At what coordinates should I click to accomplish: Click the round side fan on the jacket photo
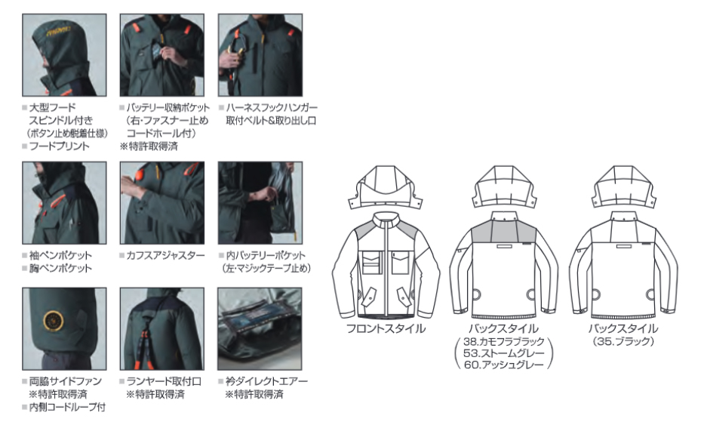coord(54,321)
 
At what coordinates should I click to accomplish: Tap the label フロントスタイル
coord(386,328)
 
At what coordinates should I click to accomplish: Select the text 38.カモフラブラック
coord(504,341)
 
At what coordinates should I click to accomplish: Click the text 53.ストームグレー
coord(504,353)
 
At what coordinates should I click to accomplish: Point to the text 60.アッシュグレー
coord(504,365)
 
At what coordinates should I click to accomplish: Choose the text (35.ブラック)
coord(623,341)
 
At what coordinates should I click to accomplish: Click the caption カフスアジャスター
coord(165,255)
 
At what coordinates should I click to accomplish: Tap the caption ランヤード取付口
coord(164,381)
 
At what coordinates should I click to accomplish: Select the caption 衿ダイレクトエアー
coord(266,381)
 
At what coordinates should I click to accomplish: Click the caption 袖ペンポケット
coord(60,255)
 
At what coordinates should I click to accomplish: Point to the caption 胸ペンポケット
coord(60,268)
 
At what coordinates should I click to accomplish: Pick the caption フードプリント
coord(59,146)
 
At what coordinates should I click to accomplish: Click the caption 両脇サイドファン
coord(66,381)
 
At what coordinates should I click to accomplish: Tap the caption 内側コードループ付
coord(67,407)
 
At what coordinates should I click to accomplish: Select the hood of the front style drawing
coord(386,187)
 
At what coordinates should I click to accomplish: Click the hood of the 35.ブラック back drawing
coord(623,187)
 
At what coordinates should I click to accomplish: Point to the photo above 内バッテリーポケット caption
coord(260,203)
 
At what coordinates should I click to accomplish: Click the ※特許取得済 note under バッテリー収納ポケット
coord(149,146)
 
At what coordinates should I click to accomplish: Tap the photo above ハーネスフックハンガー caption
coord(260,55)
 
